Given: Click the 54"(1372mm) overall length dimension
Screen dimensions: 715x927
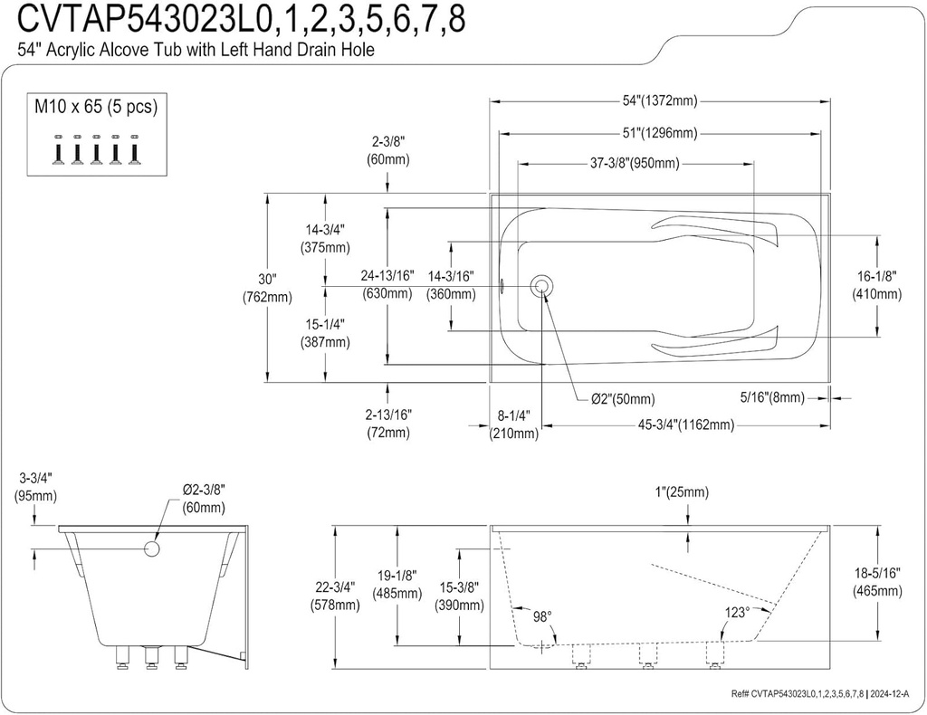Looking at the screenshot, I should click(x=660, y=101).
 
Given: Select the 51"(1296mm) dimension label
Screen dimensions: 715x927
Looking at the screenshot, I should click(x=660, y=133).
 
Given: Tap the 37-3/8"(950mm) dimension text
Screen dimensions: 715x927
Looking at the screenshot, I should click(x=635, y=164).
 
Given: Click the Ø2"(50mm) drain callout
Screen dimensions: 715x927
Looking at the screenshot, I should click(x=623, y=399).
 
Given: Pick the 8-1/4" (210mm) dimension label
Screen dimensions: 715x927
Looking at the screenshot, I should click(x=513, y=424).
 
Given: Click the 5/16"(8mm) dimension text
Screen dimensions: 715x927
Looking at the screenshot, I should click(x=772, y=396).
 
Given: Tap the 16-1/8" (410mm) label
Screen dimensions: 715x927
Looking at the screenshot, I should click(x=876, y=285).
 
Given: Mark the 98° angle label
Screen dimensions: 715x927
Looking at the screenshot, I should click(x=542, y=616).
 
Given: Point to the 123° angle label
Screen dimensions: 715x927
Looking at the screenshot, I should click(x=735, y=613).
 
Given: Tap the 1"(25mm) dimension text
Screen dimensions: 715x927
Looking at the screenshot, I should click(x=683, y=492).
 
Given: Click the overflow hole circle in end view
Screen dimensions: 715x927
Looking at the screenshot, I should click(x=152, y=549).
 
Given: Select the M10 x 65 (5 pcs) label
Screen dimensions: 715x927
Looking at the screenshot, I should click(x=96, y=107).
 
